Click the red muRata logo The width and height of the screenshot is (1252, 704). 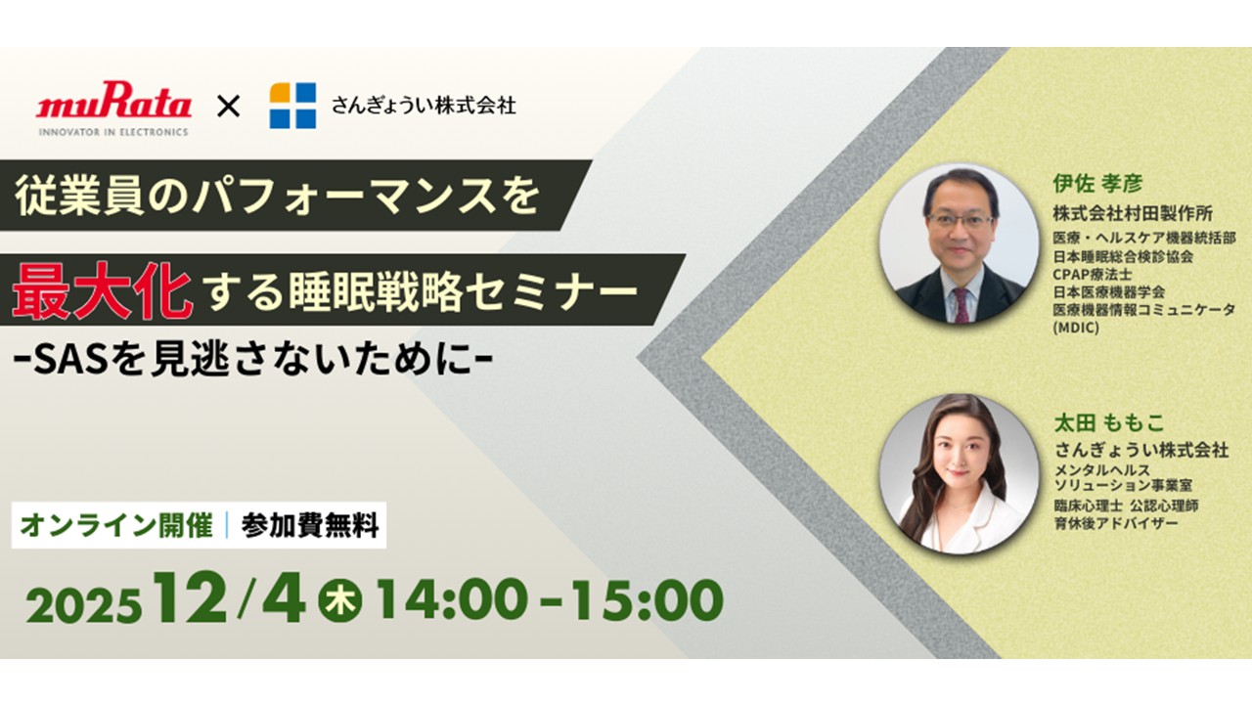tap(113, 100)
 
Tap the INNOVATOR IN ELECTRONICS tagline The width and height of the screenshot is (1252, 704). tap(113, 132)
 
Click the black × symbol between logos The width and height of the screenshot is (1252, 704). tap(228, 107)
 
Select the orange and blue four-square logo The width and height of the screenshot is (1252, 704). tap(292, 106)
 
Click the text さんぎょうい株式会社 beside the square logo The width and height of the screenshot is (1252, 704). tap(424, 106)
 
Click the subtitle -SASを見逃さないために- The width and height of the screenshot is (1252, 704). tap(252, 362)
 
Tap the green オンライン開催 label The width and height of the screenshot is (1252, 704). tap(116, 525)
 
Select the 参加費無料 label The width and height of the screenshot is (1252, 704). tap(310, 525)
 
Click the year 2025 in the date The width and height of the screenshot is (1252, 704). tap(83, 605)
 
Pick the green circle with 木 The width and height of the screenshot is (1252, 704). tap(339, 600)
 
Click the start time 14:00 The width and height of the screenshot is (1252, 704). tap(453, 599)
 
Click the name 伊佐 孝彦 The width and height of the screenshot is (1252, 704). tap(1097, 183)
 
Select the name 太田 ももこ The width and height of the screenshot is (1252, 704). tap(1109, 423)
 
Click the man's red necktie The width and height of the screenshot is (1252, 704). tap(961, 305)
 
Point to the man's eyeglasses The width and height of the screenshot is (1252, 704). tap(960, 220)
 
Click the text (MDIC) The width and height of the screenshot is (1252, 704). tap(1076, 328)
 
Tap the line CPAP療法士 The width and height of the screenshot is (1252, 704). tap(1093, 275)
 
